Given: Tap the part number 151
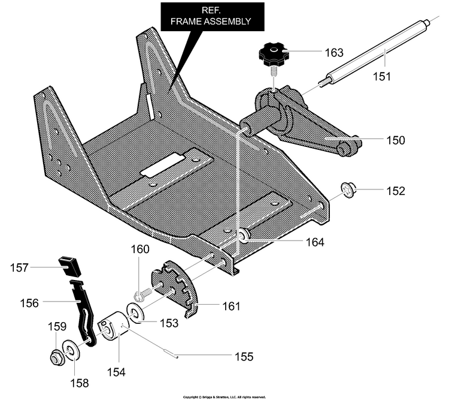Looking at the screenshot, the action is (x=382, y=77).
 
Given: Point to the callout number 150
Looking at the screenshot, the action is (x=396, y=140).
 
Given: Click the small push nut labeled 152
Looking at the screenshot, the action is (x=347, y=190).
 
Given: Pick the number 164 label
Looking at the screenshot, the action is (x=315, y=242).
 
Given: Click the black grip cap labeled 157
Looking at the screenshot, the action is (x=69, y=266).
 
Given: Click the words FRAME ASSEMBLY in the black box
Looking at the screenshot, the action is (x=211, y=21).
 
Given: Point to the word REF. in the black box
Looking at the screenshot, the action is (x=211, y=10).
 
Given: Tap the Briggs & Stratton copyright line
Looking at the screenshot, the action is (x=224, y=397).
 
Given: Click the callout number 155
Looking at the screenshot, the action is (x=244, y=357).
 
